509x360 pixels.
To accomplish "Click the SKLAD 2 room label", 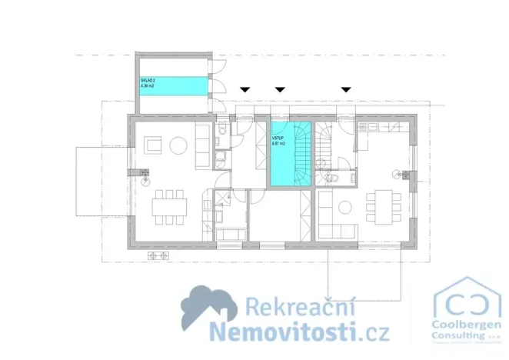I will pos(147,80).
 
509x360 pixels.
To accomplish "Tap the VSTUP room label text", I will pos(278,138).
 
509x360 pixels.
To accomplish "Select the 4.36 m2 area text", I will pos(147,86).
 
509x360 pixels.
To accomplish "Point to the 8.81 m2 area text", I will pos(278,144).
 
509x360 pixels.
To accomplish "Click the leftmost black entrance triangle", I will pos(245,90).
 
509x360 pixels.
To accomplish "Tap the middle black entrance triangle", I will pos(280,90).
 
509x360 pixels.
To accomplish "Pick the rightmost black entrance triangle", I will pos(346,90).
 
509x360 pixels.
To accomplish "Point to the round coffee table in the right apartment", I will pos(344,205).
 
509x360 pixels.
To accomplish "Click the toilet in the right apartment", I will pos(333,178).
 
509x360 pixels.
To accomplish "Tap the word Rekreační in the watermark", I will pos(288,308).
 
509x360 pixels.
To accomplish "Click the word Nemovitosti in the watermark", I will pos(285,332).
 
